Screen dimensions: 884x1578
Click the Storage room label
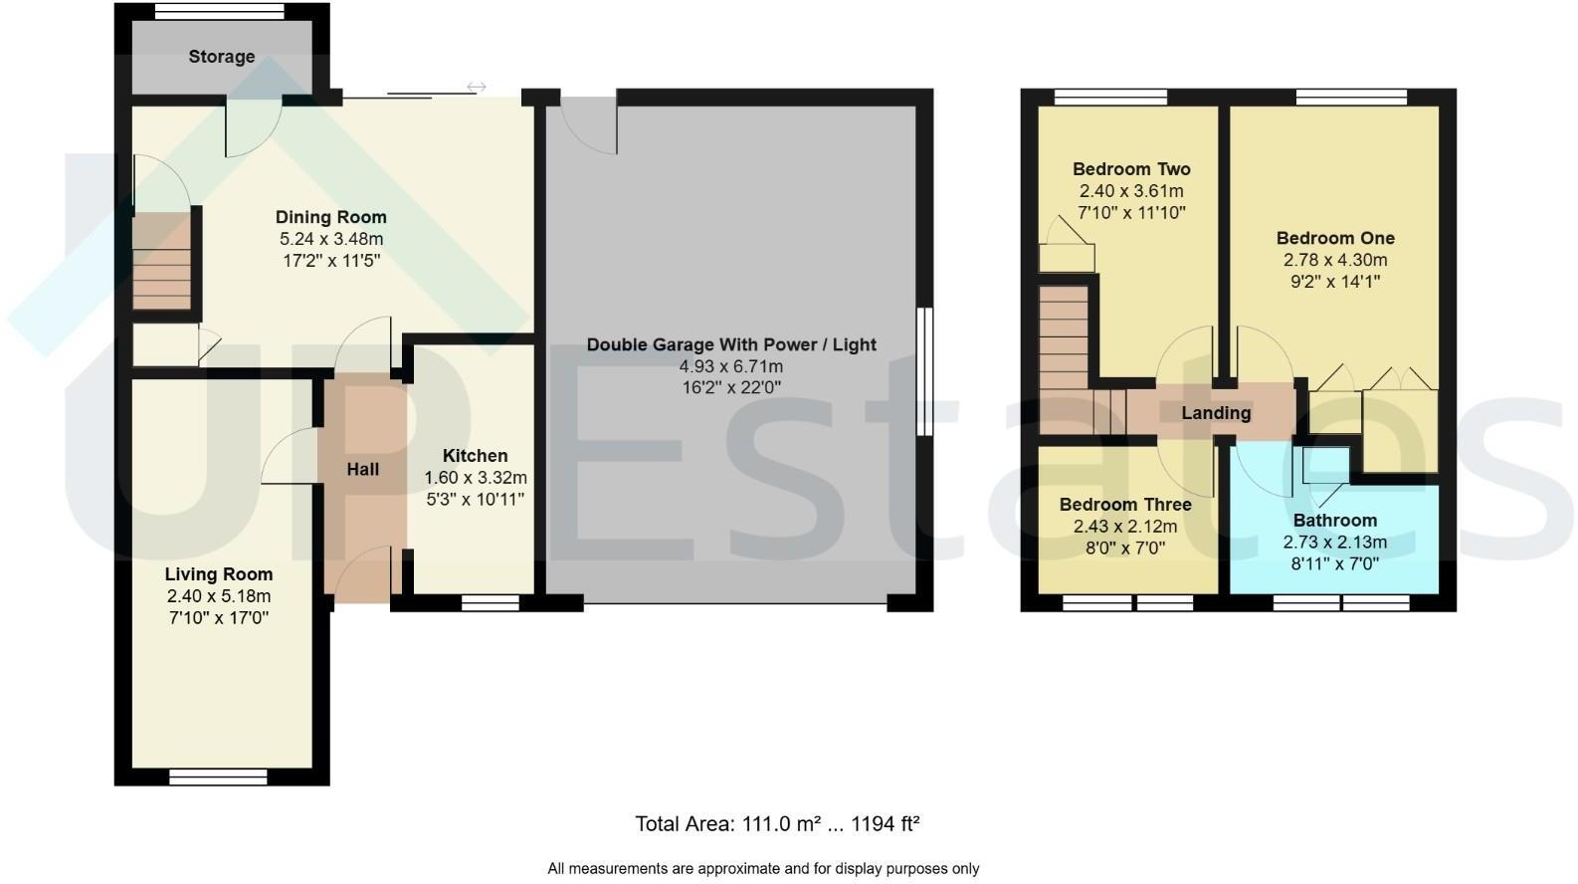click(x=221, y=57)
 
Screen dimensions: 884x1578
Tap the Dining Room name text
click(x=330, y=217)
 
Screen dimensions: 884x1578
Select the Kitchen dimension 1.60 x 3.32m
click(x=475, y=478)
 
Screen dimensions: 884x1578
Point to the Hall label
click(x=362, y=469)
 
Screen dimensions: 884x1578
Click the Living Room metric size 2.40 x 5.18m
click(x=219, y=596)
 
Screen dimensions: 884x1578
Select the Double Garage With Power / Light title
click(x=730, y=344)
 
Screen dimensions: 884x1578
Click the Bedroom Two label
click(x=1131, y=169)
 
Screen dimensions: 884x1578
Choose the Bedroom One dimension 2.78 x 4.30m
click(x=1334, y=260)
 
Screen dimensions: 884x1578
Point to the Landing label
click(x=1215, y=412)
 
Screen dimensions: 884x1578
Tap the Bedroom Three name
click(x=1124, y=505)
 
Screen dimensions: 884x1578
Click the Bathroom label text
click(x=1334, y=521)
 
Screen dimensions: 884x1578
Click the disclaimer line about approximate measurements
click(x=763, y=869)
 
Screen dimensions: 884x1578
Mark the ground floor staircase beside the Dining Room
click(x=161, y=265)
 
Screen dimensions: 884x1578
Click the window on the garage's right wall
click(x=924, y=371)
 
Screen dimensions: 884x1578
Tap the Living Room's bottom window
click(x=218, y=776)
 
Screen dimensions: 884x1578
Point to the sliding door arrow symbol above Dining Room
click(x=476, y=88)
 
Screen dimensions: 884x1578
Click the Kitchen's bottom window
click(x=491, y=602)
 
